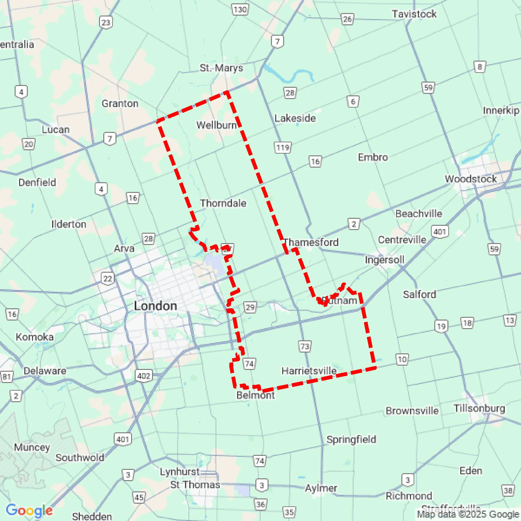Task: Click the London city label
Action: click(155, 306)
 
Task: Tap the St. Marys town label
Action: click(221, 68)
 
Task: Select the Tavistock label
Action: click(414, 14)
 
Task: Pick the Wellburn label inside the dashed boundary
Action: click(216, 125)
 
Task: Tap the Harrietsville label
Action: click(309, 371)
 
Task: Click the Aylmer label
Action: click(321, 488)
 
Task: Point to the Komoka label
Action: click(35, 337)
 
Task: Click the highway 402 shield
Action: click(144, 376)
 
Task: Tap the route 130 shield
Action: click(240, 10)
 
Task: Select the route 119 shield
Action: click(283, 148)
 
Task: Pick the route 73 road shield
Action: click(305, 346)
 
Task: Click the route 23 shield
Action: click(106, 22)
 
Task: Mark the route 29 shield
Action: click(250, 307)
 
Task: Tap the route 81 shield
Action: click(7, 377)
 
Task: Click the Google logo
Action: click(29, 510)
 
